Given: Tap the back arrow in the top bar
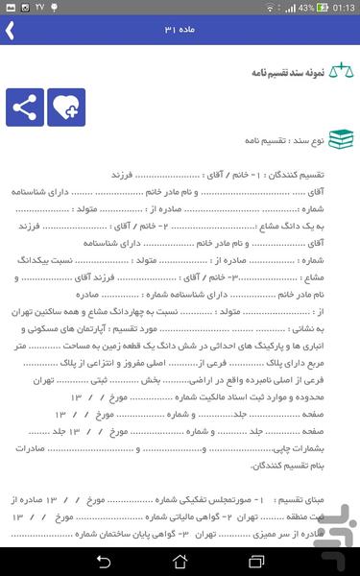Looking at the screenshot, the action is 11,31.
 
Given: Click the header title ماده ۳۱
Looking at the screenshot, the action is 180,31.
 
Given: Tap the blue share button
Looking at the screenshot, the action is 25,108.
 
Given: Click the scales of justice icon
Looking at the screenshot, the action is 340,73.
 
